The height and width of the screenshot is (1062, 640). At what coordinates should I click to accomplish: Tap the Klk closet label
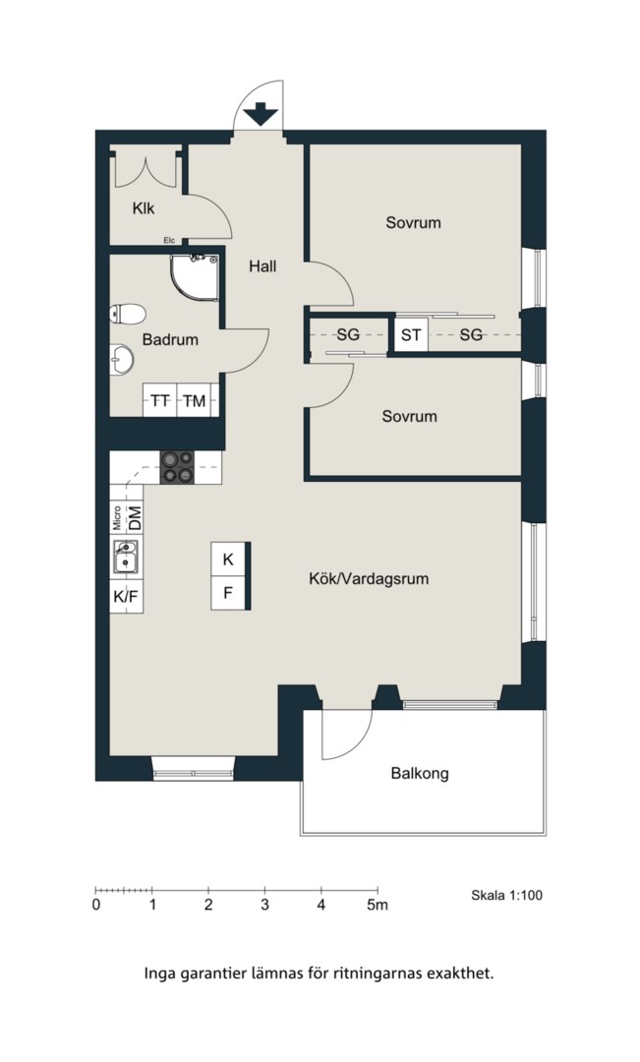144,208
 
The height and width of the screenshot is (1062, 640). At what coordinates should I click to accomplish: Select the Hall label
262,266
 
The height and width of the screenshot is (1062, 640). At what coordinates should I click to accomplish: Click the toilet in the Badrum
128,314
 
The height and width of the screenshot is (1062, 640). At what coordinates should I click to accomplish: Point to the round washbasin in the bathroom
122,358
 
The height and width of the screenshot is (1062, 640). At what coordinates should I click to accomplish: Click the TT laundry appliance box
160,400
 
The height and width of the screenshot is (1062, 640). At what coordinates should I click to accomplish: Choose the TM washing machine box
195,400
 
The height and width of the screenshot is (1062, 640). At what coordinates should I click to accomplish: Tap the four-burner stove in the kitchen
177,467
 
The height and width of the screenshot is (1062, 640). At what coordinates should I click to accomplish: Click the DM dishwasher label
136,519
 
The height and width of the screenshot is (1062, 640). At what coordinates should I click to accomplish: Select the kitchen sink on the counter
126,557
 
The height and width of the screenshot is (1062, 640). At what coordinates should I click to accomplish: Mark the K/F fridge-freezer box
126,597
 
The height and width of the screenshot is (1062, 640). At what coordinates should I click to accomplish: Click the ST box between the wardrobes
411,334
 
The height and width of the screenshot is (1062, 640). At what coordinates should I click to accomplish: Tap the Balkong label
420,773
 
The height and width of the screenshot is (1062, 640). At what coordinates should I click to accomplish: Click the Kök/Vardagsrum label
369,579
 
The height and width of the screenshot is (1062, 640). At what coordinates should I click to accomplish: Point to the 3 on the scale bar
264,905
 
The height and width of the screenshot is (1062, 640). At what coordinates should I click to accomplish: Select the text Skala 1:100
506,896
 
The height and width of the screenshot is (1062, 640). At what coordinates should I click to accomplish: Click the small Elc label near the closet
169,240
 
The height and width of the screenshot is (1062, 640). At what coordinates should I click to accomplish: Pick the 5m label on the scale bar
378,905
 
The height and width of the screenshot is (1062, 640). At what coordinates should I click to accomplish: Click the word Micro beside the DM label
117,518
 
